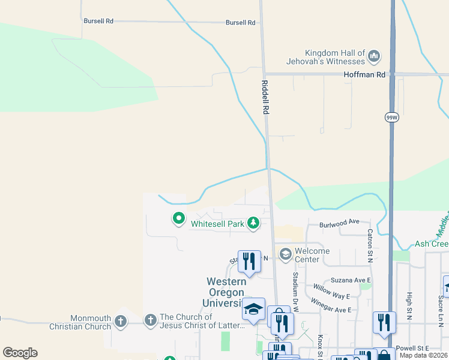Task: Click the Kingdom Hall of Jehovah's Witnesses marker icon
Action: click(374, 56)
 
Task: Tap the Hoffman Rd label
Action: click(364, 74)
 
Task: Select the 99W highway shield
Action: click(391, 118)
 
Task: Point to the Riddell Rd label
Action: click(265, 98)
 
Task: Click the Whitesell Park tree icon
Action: click(254, 224)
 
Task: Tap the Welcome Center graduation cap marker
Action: click(285, 254)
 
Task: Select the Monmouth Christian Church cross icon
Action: click(121, 321)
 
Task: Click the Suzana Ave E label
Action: click(351, 280)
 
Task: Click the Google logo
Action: click(20, 353)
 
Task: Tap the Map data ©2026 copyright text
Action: click(423, 355)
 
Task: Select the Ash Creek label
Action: click(432, 244)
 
